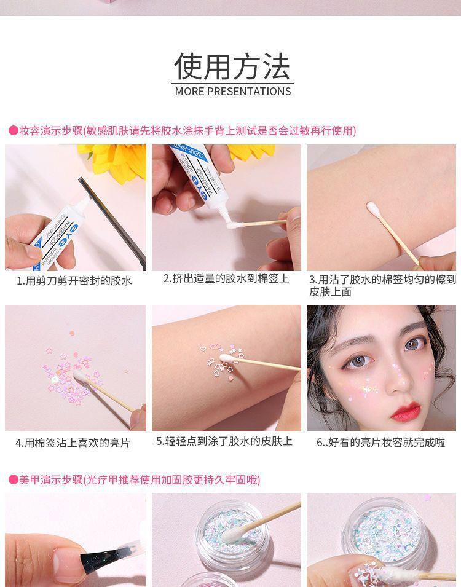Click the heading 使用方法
[x=232, y=66]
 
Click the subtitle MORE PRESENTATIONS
[x=232, y=92]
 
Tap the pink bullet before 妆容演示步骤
[x=13, y=130]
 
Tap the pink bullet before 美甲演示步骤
[x=13, y=479]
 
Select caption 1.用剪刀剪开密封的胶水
[x=74, y=281]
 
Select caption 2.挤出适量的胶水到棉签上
[x=226, y=278]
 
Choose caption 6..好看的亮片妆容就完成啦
[x=380, y=443]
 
